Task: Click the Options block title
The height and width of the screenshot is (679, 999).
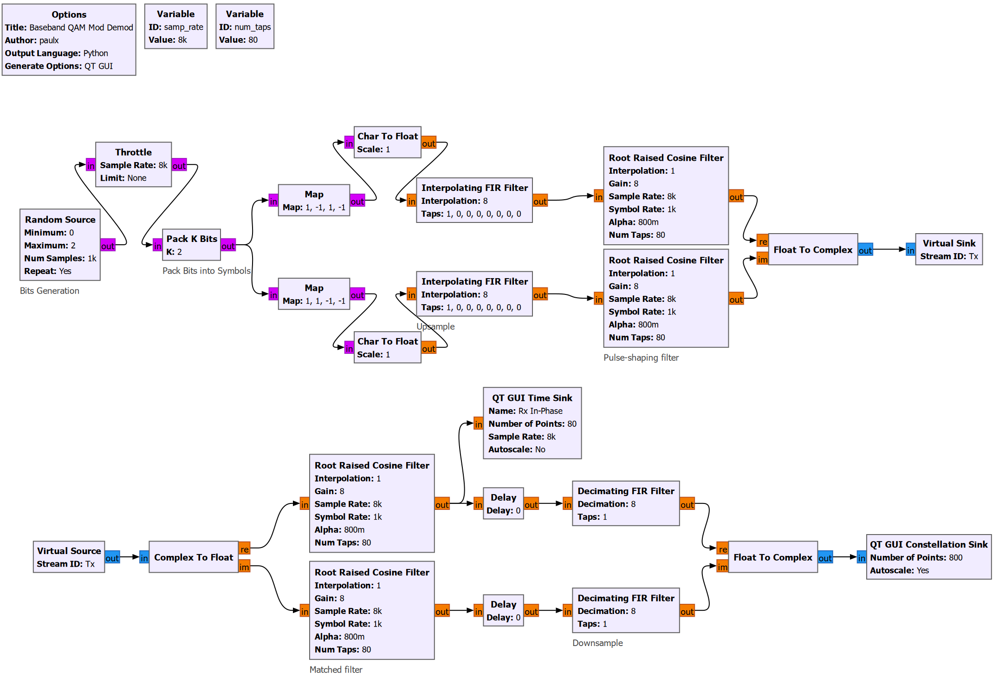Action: pyautogui.click(x=69, y=14)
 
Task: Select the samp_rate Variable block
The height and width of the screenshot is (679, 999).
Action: pyautogui.click(x=175, y=26)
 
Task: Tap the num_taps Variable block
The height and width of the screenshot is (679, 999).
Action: pyautogui.click(x=245, y=26)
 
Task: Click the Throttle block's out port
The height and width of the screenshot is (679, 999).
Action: pyautogui.click(x=179, y=165)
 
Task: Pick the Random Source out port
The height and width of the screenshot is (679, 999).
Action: pyautogui.click(x=108, y=246)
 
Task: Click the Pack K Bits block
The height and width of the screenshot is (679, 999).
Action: pyautogui.click(x=191, y=245)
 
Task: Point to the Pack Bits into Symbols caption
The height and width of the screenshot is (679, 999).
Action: pyautogui.click(x=206, y=271)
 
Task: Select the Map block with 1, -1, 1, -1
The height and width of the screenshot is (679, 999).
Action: pyautogui.click(x=314, y=200)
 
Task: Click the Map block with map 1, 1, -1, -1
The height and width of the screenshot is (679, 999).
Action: pyautogui.click(x=314, y=294)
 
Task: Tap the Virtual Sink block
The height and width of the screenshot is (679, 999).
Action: pyautogui.click(x=948, y=249)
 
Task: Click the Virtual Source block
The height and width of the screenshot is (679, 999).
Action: pyautogui.click(x=69, y=557)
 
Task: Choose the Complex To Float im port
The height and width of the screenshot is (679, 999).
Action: pyautogui.click(x=244, y=567)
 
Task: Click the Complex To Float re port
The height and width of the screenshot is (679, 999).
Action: pyautogui.click(x=244, y=549)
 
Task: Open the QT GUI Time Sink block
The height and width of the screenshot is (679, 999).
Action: pyautogui.click(x=532, y=423)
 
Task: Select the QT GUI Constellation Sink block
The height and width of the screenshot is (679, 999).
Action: pyautogui.click(x=928, y=557)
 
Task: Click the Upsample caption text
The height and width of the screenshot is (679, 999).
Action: pyautogui.click(x=435, y=326)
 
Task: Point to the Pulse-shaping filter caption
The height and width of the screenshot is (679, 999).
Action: pyautogui.click(x=641, y=358)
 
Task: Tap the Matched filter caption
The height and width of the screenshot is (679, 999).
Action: pyautogui.click(x=336, y=670)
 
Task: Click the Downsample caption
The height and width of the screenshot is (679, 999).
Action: pyautogui.click(x=597, y=643)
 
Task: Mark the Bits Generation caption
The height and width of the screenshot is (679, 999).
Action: pyautogui.click(x=50, y=291)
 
